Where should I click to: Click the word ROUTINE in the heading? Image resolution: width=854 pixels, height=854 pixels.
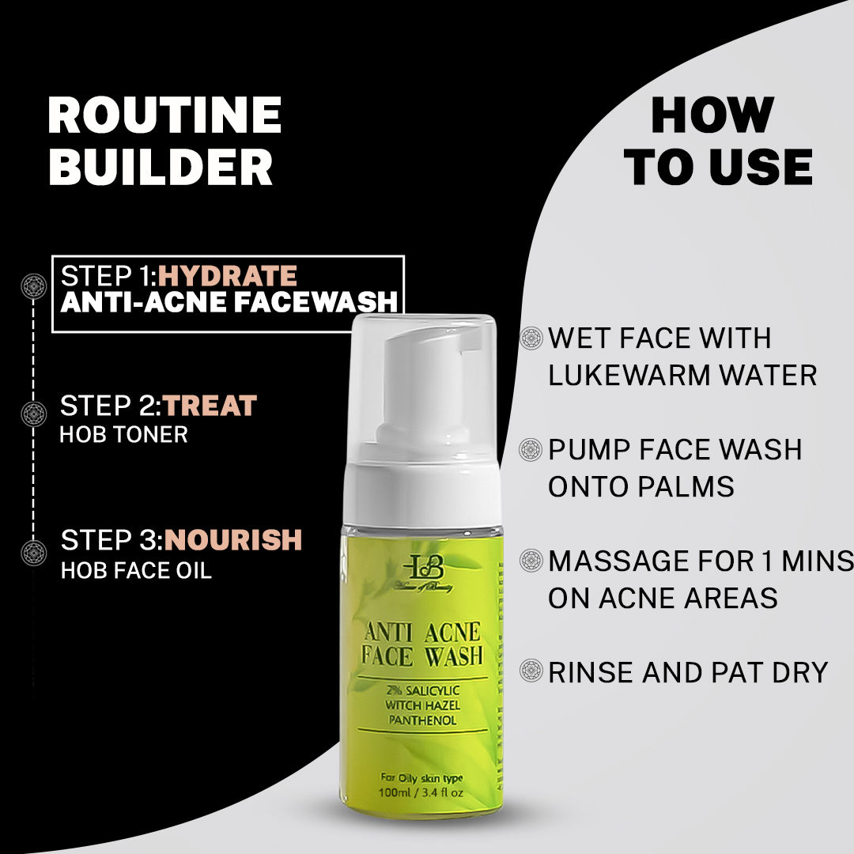tap(164, 115)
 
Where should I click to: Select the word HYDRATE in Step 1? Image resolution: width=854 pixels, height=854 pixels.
tap(228, 276)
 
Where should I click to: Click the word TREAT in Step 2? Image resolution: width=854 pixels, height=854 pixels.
tap(210, 406)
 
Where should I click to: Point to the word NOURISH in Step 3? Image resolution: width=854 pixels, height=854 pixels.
tap(233, 540)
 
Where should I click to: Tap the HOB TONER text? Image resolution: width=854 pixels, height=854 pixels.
tap(123, 436)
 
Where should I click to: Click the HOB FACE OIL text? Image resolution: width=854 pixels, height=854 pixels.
tap(136, 570)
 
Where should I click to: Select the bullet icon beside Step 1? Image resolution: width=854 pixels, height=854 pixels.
tap(33, 286)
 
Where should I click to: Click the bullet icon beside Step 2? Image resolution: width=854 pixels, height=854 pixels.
tap(33, 414)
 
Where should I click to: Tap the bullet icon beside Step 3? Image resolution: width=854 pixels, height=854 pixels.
tap(33, 550)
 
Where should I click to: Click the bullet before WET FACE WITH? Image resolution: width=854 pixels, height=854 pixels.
tap(531, 338)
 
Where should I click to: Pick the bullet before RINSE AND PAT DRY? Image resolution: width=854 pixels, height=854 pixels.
tap(531, 672)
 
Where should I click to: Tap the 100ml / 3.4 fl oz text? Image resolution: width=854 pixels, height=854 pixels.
tap(420, 793)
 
